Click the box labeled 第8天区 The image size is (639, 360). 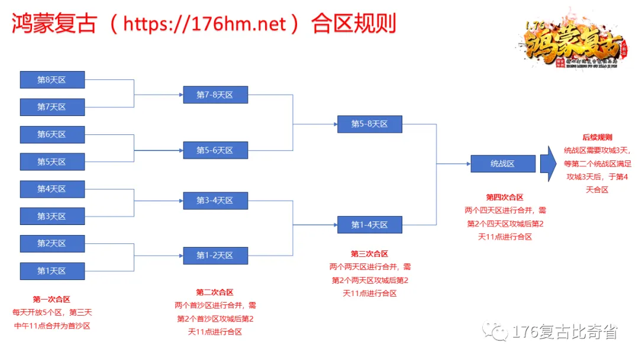coord(52,80)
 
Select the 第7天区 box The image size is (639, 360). coord(52,107)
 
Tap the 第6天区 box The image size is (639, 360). coord(52,134)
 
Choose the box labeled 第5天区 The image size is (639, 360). coord(52,162)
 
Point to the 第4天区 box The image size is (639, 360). coord(52,189)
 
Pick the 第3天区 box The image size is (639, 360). coord(52,216)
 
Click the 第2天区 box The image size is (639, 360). coord(52,243)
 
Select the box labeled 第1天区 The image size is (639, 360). coord(52,271)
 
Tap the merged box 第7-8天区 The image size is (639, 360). coord(215,95)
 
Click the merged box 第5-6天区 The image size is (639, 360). coord(215,150)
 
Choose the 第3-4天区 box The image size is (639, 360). coord(215,201)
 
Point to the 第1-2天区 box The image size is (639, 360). coord(215,255)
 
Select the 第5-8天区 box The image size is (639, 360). coord(369,124)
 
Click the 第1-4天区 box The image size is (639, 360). coord(369,224)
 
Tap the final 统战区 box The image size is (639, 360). coord(503,163)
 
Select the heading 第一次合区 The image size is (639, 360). coord(51,300)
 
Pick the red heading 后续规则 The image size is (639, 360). coord(598,137)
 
